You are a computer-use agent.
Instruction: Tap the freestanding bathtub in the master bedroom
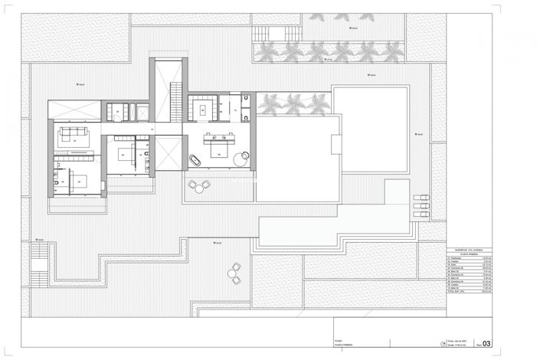(x=195, y=161)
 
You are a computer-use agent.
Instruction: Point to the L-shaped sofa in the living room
(x=74, y=136)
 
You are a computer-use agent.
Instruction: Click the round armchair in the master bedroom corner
(x=244, y=159)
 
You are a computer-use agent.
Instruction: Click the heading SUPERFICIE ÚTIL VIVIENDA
(x=469, y=249)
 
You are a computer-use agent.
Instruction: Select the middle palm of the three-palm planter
(x=293, y=103)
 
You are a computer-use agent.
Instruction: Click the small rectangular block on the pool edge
(x=335, y=142)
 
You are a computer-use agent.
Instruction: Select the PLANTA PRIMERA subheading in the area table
(x=469, y=254)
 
